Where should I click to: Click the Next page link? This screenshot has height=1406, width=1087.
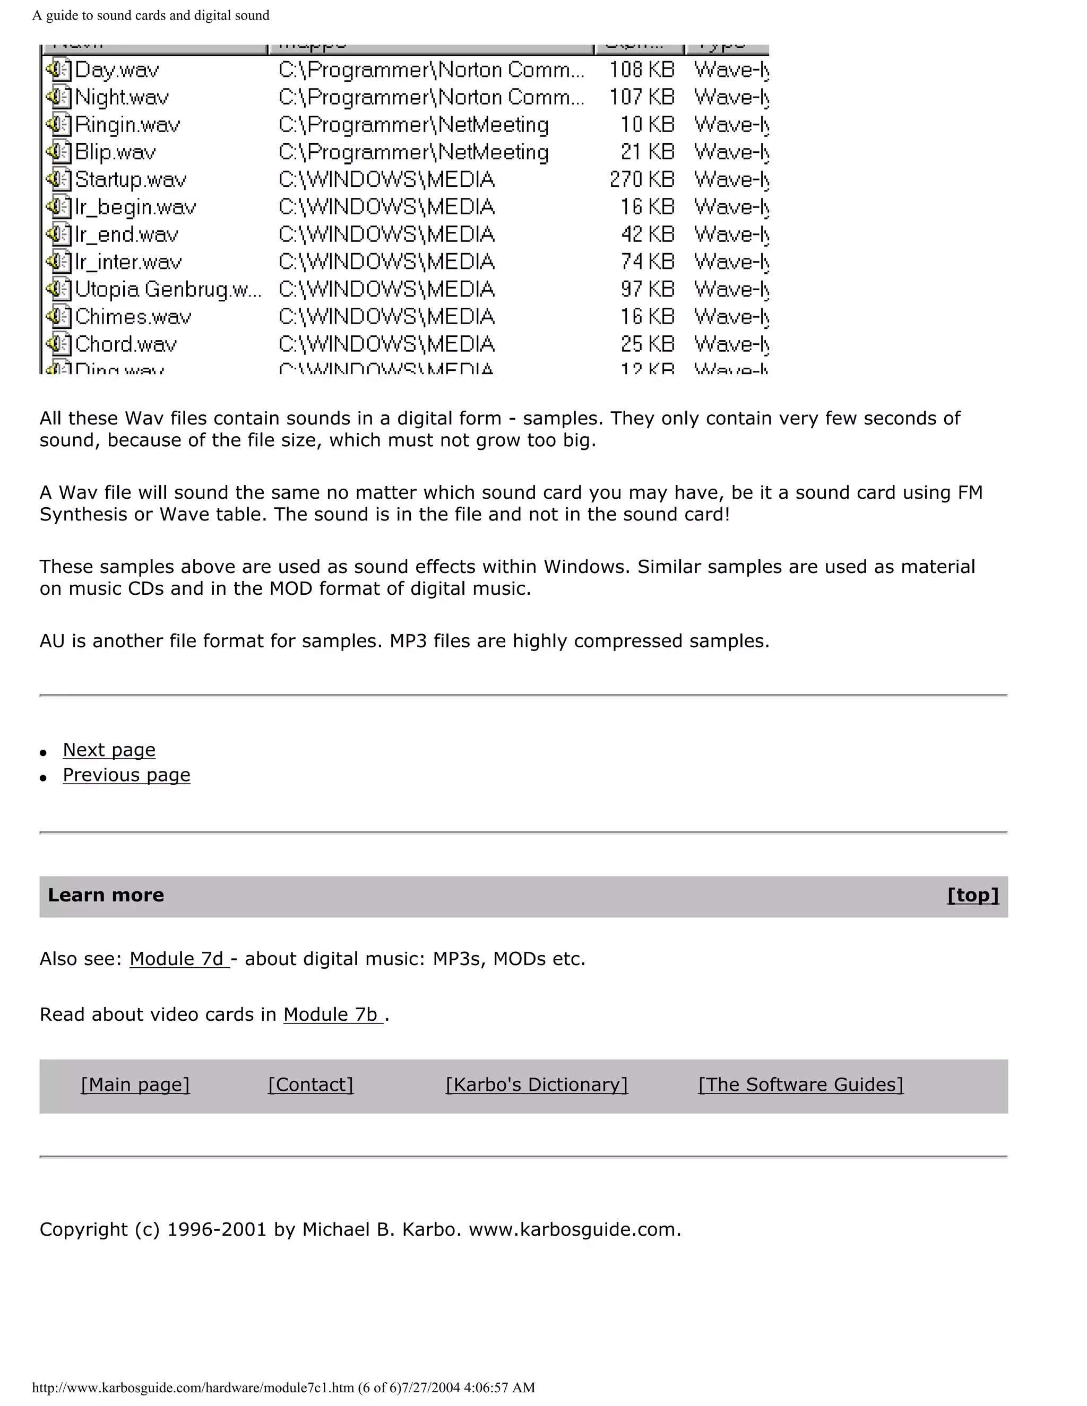click(x=109, y=750)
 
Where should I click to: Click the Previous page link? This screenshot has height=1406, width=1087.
click(x=126, y=775)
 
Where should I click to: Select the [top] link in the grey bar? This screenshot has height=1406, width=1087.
click(x=972, y=896)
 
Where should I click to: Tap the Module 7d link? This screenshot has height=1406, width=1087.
click(x=178, y=959)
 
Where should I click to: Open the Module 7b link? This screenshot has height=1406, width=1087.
click(x=332, y=1014)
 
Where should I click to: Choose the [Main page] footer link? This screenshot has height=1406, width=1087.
click(x=135, y=1085)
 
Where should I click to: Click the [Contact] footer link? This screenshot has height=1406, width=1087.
click(x=310, y=1085)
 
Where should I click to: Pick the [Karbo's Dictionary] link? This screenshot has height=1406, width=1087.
click(x=537, y=1085)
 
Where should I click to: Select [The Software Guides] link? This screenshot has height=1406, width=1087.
click(x=800, y=1085)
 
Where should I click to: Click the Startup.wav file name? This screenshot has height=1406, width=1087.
click(x=131, y=180)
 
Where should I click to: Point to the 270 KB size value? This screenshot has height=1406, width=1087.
click(x=641, y=180)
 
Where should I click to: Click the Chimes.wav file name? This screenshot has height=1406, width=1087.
click(x=133, y=317)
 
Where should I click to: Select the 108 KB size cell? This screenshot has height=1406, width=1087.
click(x=641, y=70)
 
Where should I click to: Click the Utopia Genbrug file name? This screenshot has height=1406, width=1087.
click(x=167, y=290)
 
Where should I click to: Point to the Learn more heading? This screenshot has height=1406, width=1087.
click(x=106, y=896)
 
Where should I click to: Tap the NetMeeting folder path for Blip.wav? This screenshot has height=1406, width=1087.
click(x=413, y=153)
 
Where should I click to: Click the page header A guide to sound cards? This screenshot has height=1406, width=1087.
click(x=151, y=15)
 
